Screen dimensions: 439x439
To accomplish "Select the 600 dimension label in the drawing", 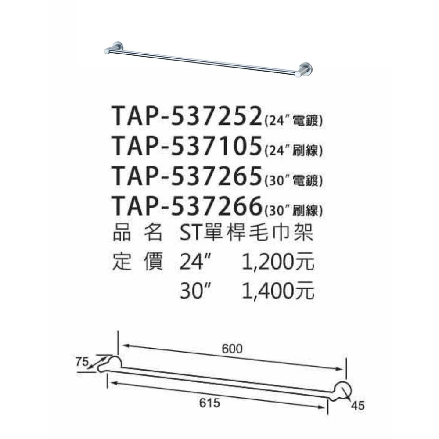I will [232, 349].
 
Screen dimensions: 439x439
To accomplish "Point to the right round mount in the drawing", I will [342, 390].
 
